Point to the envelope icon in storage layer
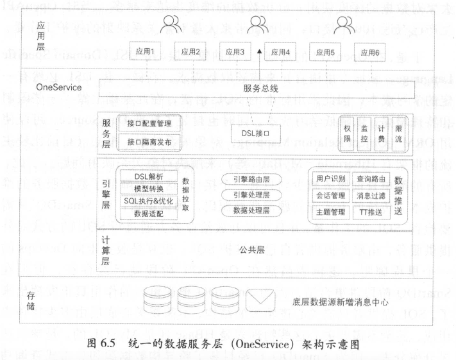point(265,300)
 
